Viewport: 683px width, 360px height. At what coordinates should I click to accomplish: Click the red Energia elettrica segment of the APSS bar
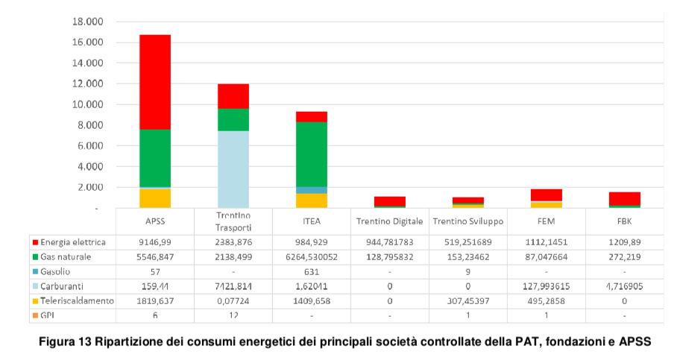click(x=155, y=82)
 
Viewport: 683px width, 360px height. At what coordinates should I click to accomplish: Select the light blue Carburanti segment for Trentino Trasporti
click(x=233, y=169)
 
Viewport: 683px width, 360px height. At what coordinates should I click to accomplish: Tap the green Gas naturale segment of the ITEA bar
click(x=312, y=154)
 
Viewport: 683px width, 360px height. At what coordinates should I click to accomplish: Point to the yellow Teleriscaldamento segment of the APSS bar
click(x=155, y=198)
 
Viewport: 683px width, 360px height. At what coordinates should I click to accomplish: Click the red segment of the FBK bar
click(x=624, y=198)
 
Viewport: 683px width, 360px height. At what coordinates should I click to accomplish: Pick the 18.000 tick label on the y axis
click(x=87, y=22)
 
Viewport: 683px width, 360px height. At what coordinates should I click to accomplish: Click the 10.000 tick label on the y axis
click(x=87, y=104)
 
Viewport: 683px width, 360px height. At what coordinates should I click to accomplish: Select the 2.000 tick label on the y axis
click(x=89, y=187)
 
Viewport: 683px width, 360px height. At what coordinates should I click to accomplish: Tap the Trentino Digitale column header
click(x=389, y=221)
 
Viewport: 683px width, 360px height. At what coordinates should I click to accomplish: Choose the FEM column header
click(x=546, y=221)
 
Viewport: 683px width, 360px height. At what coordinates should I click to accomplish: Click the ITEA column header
click(x=311, y=221)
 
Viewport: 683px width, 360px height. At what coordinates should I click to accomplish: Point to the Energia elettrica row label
click(x=72, y=242)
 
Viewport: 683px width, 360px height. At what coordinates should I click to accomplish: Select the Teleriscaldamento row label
click(x=78, y=300)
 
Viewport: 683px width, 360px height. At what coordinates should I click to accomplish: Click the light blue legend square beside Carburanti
click(x=36, y=286)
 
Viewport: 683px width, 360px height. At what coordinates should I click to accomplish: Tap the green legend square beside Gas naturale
click(x=36, y=257)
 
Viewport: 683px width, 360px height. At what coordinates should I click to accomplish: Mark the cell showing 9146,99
click(x=155, y=242)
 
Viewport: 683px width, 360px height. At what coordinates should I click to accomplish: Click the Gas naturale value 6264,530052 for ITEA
click(x=311, y=257)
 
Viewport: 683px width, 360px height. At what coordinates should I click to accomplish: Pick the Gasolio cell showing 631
click(x=311, y=271)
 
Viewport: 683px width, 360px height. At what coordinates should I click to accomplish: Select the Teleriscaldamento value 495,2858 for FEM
click(x=546, y=300)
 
